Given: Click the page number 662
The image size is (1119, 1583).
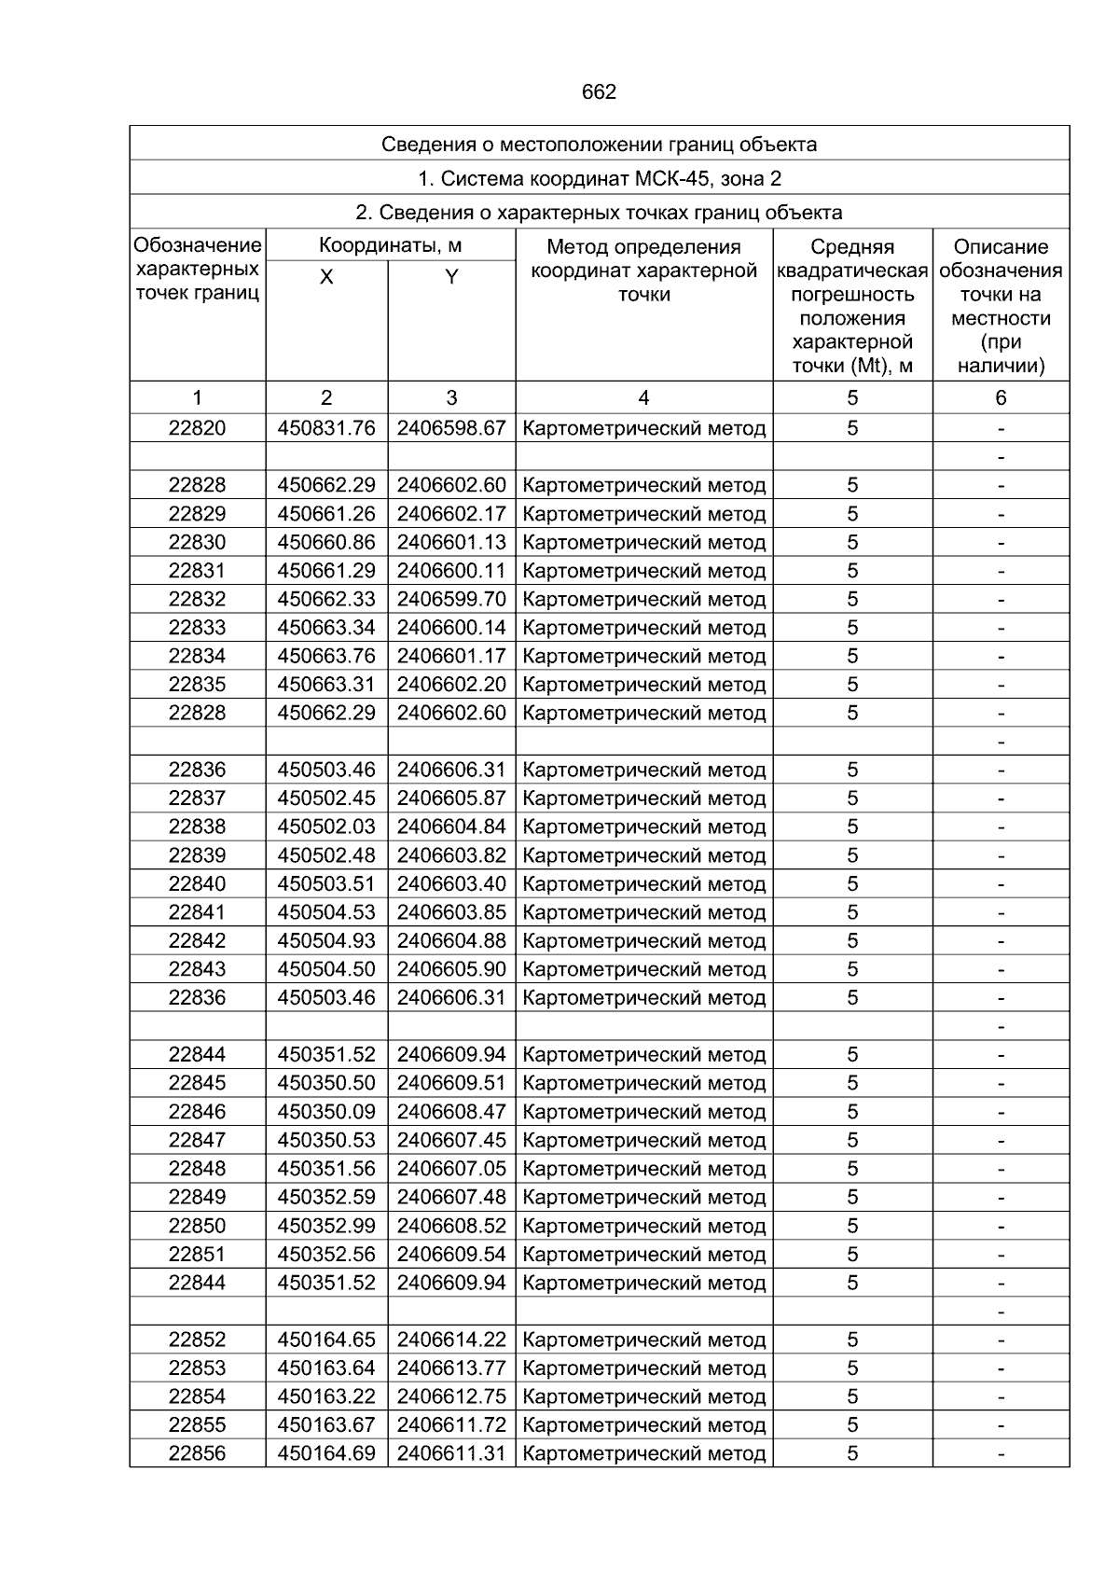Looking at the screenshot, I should tap(599, 92).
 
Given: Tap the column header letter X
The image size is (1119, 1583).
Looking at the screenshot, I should tap(326, 277).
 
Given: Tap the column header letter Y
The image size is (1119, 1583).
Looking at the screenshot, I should tap(451, 277).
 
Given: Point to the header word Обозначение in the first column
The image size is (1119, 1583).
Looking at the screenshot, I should tap(198, 246).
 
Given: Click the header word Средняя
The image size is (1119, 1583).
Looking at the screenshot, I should tap(852, 247).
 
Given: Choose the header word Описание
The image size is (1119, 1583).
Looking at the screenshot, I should tap(1001, 247).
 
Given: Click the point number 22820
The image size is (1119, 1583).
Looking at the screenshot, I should tap(197, 428).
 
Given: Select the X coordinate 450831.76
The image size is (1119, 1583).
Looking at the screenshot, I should tap(326, 428).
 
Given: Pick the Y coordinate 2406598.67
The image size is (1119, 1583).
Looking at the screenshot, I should tap(451, 428).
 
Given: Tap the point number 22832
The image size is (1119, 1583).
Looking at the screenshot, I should tap(197, 599).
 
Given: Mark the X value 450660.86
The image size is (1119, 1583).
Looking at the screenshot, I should tap(326, 542).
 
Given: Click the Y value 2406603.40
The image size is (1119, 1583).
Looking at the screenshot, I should tap(451, 883).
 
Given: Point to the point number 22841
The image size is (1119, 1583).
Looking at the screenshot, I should tap(197, 912).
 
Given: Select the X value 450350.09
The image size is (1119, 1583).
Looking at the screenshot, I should tap(326, 1112).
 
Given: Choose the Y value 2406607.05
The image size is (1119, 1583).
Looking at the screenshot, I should tap(451, 1169).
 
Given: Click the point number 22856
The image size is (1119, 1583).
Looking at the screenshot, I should tap(197, 1453).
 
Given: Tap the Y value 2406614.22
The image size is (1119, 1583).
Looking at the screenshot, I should tap(451, 1340).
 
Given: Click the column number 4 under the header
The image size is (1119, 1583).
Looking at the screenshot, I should tap(643, 398).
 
